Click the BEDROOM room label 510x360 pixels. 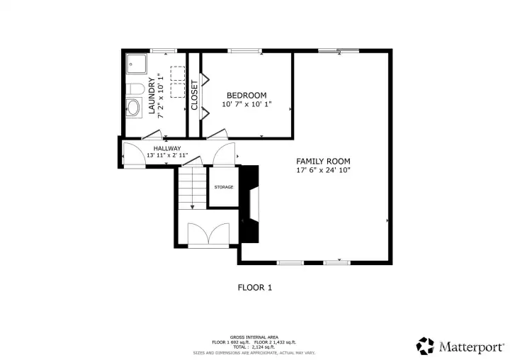tap(246, 96)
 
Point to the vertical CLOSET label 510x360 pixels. tap(194, 94)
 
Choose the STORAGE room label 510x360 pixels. tap(224, 187)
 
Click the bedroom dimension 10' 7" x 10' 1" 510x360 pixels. tap(246, 105)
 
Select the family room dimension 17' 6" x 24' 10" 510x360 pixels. tap(323, 171)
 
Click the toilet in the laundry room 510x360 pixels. tap(135, 89)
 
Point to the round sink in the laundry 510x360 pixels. tap(133, 108)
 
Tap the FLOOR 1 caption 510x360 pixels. tap(254, 288)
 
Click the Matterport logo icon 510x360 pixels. tap(425, 345)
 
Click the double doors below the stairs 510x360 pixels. tap(208, 235)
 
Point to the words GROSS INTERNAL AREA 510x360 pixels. tap(254, 337)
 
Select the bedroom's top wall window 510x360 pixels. tap(244, 50)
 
